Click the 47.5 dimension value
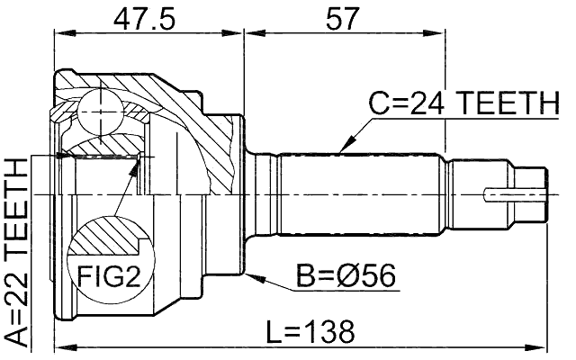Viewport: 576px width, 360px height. pyautogui.click(x=148, y=18)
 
